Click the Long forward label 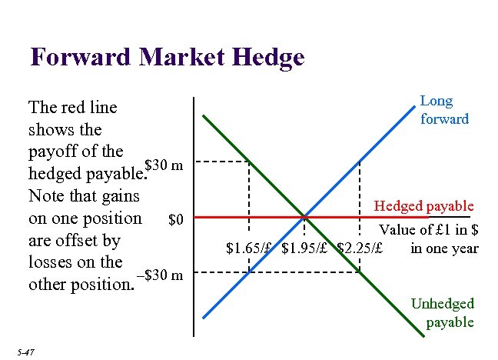443,110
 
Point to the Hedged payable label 423,206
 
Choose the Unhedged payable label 443,313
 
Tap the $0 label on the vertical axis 176,221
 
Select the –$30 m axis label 159,276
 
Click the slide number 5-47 25,352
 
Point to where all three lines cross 304,217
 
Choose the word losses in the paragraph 51,262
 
